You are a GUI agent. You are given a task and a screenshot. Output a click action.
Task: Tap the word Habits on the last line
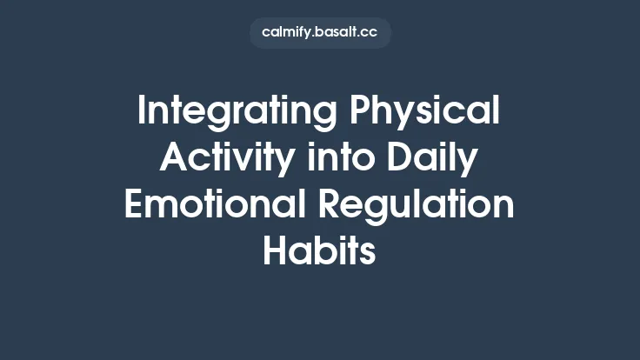(320, 251)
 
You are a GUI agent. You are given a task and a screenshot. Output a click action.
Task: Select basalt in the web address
(339, 33)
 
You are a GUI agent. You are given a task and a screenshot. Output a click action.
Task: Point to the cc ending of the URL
(370, 33)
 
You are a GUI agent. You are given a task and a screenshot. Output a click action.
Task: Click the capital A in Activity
(175, 161)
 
